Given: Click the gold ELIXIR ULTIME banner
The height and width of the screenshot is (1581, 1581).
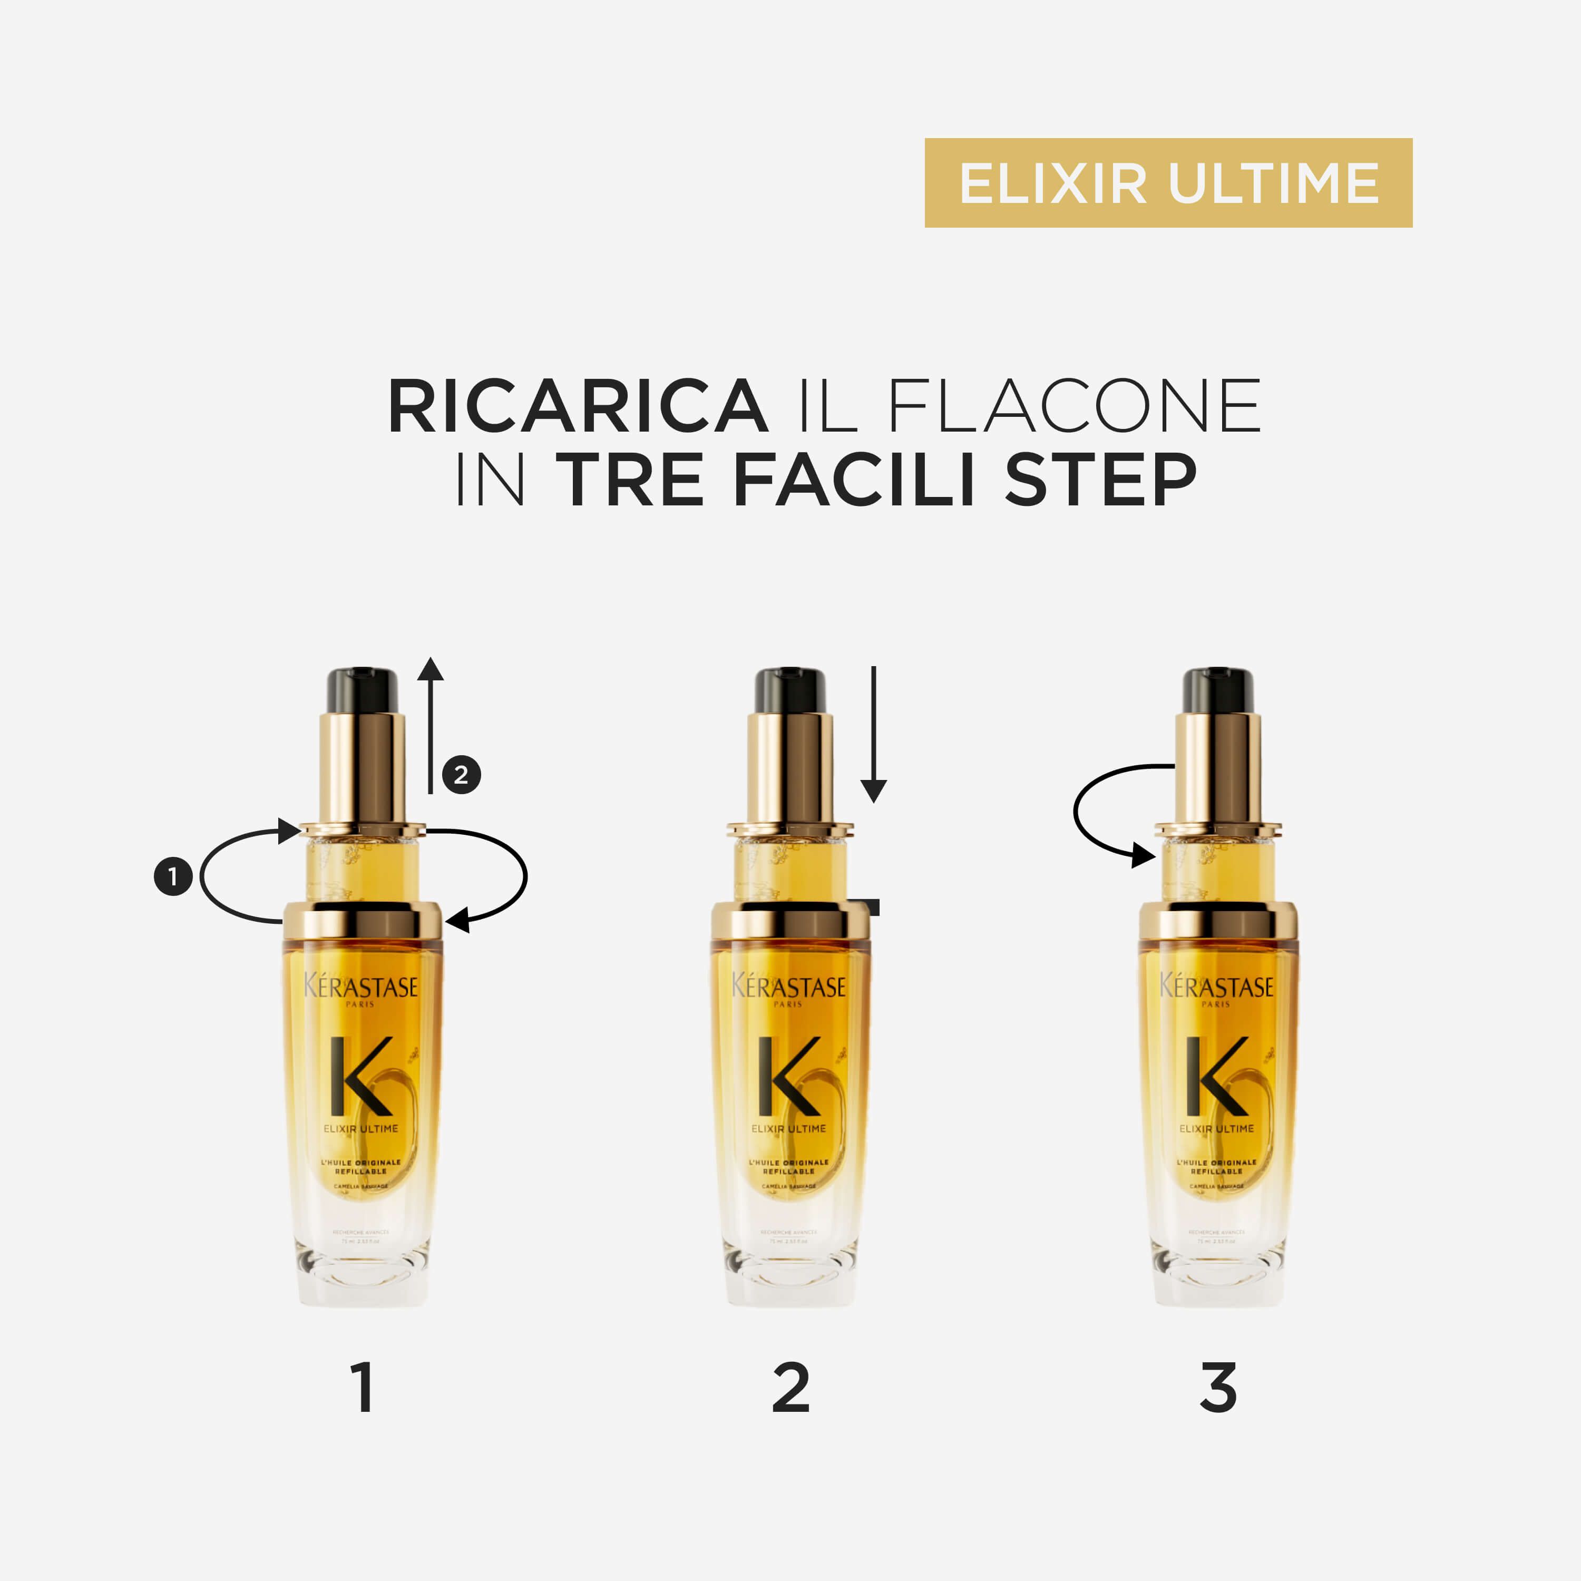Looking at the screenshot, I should click(x=1168, y=182).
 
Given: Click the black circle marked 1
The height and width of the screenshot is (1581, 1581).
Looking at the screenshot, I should click(x=173, y=876).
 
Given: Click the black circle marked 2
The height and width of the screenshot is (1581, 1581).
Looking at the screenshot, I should click(x=462, y=774).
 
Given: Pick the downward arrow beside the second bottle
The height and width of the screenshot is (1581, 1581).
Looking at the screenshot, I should click(x=873, y=733).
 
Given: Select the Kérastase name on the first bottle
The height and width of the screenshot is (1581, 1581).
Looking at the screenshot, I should click(x=361, y=987).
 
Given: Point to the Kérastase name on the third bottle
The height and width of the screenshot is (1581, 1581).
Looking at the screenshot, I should click(x=1217, y=987).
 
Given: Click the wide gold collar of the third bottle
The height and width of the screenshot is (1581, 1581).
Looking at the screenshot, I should click(x=1218, y=921).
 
